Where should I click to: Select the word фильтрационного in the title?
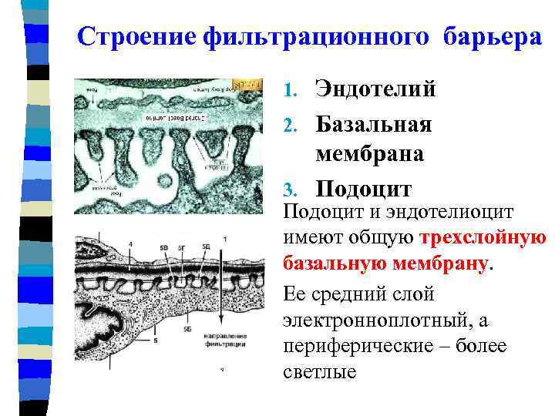(319, 36)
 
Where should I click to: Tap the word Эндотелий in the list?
(375, 89)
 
